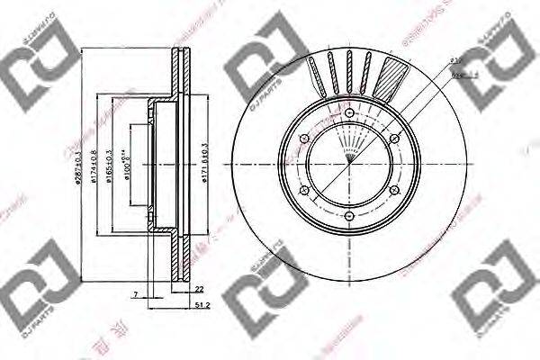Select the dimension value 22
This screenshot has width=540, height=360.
(199, 288)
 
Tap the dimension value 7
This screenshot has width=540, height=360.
(134, 293)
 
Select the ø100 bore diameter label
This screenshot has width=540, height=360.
(127, 164)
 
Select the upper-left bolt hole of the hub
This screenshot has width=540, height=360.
(303, 138)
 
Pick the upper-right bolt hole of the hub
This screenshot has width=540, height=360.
(394, 138)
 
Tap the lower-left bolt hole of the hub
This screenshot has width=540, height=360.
(303, 191)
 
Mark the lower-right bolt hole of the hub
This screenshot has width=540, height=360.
(394, 191)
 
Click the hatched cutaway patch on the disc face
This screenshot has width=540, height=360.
(393, 76)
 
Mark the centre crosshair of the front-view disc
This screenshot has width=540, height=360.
(349, 165)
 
